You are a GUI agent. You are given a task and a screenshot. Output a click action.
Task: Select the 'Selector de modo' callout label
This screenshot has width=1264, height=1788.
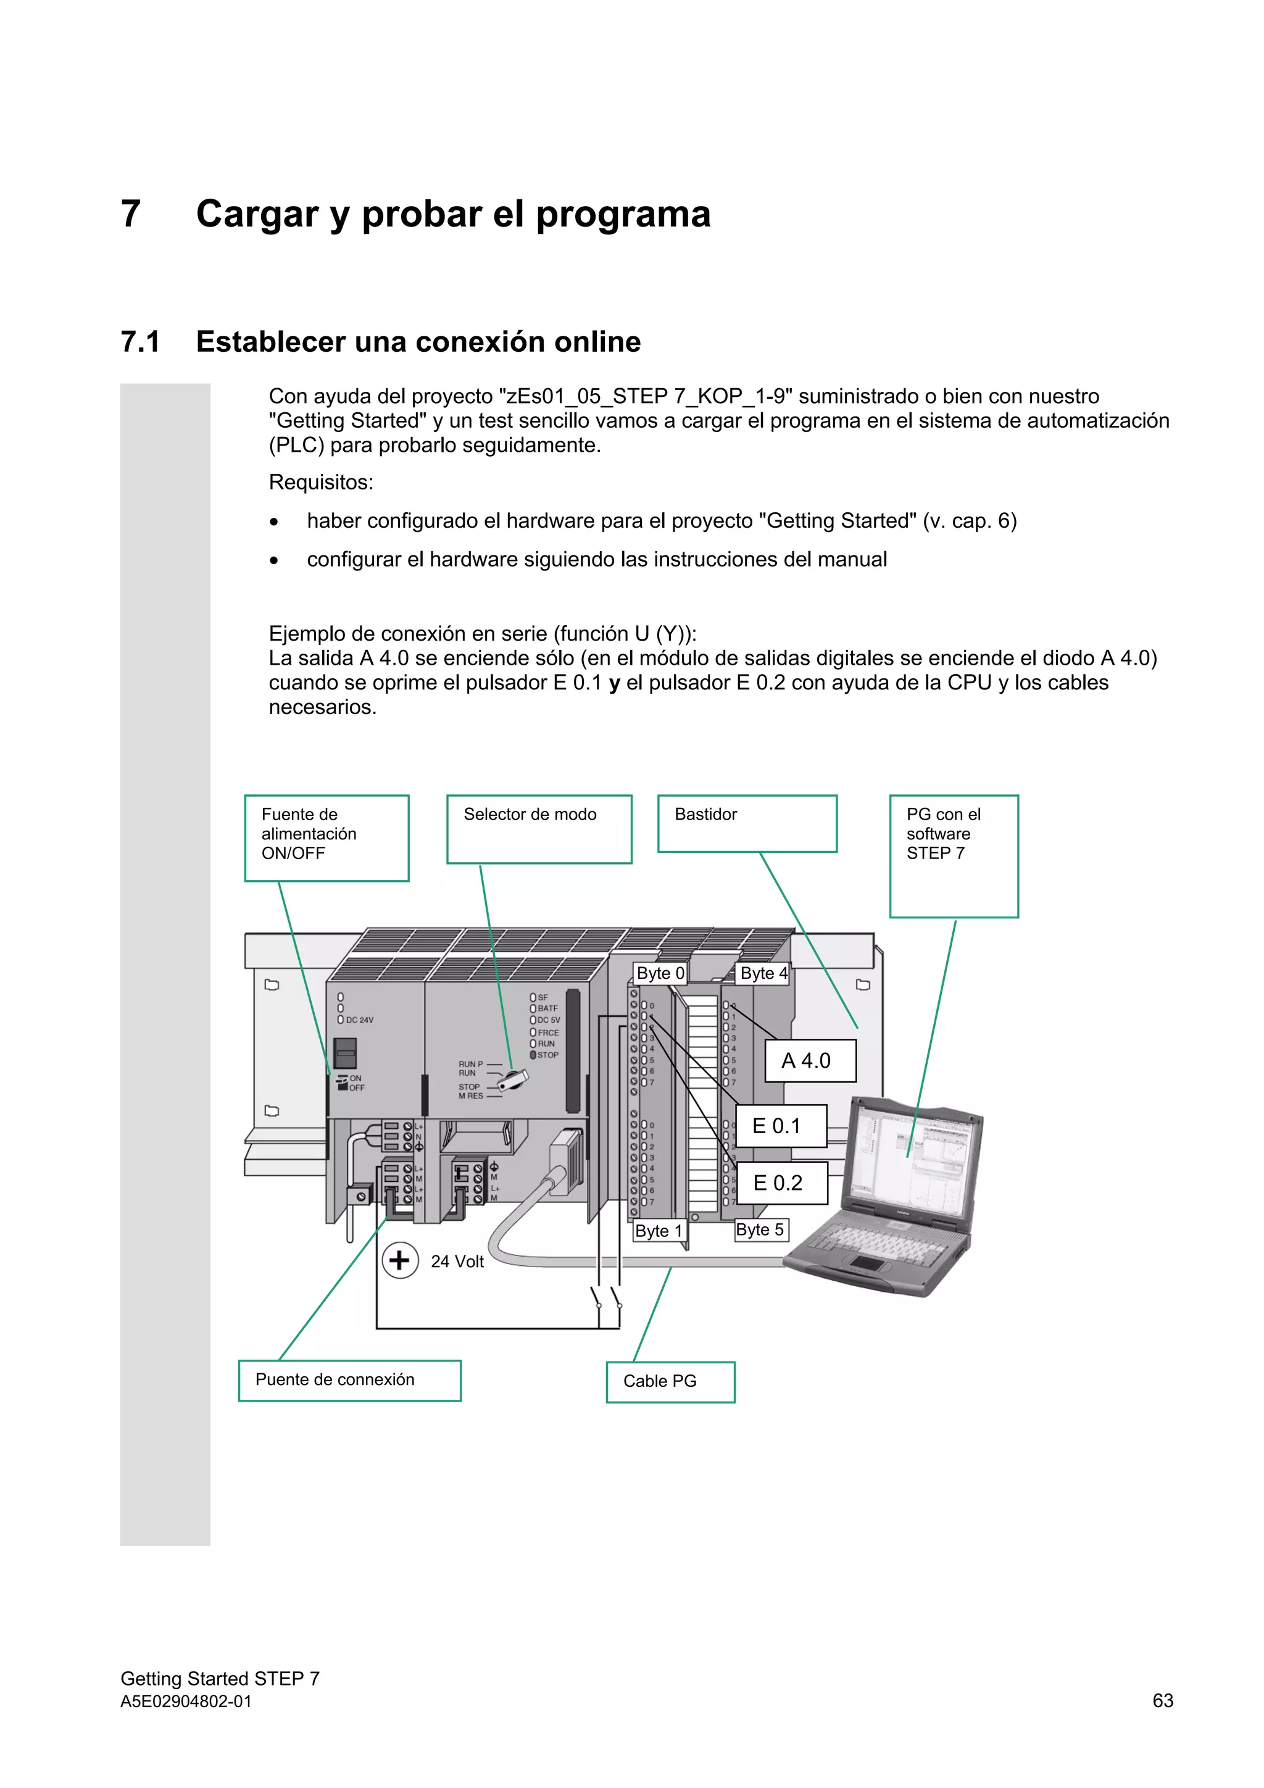coord(539,829)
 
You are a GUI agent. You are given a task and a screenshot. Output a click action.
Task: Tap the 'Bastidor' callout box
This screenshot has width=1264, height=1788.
coord(747,823)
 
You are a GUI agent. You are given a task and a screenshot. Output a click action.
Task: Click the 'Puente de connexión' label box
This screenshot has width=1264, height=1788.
coord(350,1380)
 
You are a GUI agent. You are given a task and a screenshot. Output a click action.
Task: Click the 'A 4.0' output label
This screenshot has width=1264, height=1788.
coord(809,1061)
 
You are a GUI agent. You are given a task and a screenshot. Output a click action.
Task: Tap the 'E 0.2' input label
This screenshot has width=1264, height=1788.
coord(780,1183)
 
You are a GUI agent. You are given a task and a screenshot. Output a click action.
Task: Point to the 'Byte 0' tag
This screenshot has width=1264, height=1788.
coord(660,973)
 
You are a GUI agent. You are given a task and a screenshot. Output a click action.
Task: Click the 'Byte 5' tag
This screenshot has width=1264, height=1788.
coord(761,1229)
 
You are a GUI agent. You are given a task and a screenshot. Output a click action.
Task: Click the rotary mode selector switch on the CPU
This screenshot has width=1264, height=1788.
coord(513,1079)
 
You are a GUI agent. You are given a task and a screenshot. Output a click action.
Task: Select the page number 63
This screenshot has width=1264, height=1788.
coord(1162,1701)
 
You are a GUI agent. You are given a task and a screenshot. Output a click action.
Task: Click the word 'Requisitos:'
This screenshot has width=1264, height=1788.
coord(321,483)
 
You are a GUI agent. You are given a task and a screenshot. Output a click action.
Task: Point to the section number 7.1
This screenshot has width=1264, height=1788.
coord(140,342)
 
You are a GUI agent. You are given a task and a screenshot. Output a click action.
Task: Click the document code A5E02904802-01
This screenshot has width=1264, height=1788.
coord(186,1702)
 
